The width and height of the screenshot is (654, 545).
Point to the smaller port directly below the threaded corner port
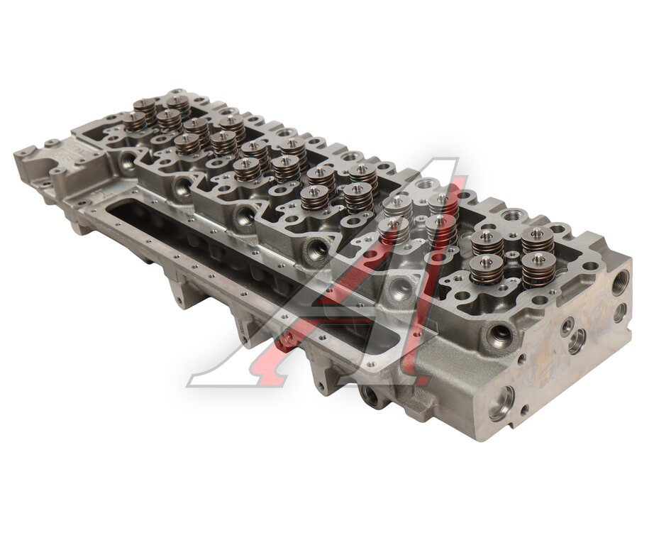(x=620, y=311)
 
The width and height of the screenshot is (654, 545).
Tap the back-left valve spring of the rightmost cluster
(x=486, y=243)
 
